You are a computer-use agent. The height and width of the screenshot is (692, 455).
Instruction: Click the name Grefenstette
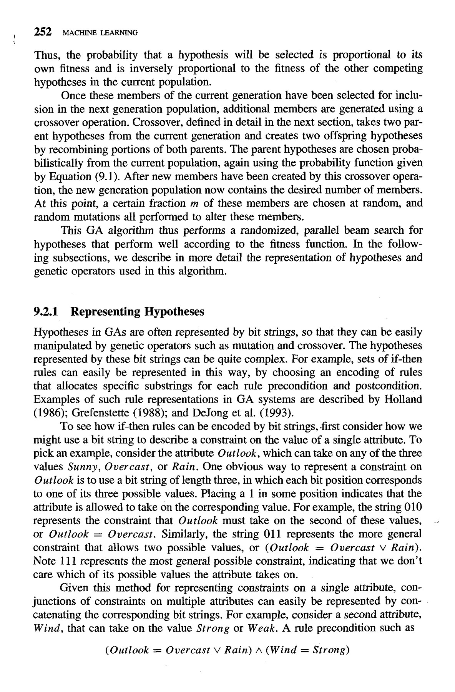coord(100,413)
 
